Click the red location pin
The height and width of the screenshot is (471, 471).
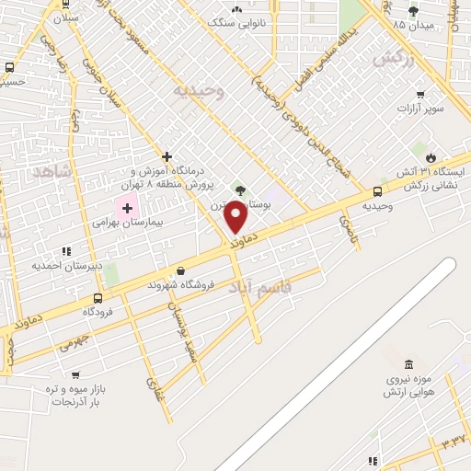tap(237, 218)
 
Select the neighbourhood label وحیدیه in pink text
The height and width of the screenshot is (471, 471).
tap(199, 91)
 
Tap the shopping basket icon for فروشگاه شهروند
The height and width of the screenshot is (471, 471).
tap(180, 271)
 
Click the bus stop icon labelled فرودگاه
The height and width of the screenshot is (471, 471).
tap(98, 298)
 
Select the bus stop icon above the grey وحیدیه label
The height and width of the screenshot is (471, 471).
tap(378, 191)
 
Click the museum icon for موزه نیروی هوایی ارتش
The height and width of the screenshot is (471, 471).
tap(408, 364)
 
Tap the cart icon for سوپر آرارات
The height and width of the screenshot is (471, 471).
tap(420, 94)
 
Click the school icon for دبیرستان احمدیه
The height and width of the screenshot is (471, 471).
tap(65, 250)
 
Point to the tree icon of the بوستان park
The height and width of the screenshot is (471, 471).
tap(241, 190)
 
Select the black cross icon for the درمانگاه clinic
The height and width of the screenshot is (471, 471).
tap(166, 156)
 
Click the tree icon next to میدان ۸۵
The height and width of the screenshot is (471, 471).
tap(412, 11)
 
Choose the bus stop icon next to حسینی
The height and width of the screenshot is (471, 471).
tap(9, 67)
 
